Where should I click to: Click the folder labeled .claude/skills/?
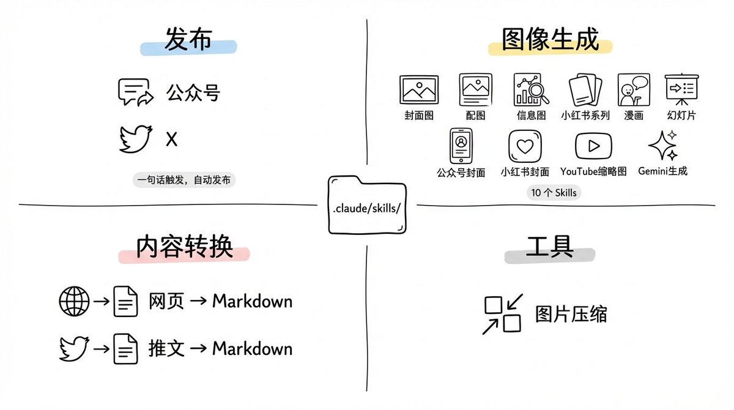coord(367,205)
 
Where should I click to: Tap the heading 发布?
coord(188,40)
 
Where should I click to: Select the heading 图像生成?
coord(550,40)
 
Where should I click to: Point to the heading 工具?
coord(549,247)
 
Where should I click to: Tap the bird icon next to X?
coord(135,139)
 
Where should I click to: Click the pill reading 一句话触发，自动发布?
coord(184,180)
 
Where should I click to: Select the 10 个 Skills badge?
coord(554,193)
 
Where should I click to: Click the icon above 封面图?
coord(418,89)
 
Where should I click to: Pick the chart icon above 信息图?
coord(531,89)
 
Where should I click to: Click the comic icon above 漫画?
coord(634,89)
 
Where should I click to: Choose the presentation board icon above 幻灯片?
coord(681,89)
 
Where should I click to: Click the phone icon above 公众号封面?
coord(461,146)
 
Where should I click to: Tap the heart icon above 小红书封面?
coord(525,146)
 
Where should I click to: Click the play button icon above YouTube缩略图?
coord(593,146)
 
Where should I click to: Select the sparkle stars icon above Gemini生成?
coord(663,146)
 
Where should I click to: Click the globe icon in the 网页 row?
coord(74,301)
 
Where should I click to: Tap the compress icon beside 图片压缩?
coord(502,314)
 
